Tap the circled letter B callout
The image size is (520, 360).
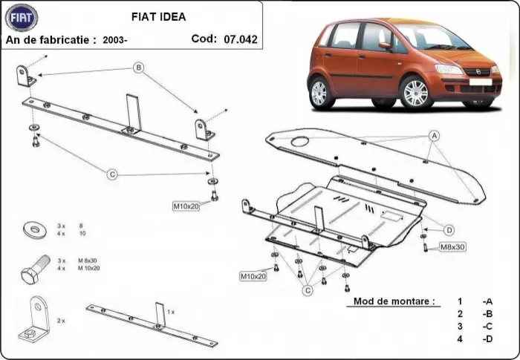(137, 68)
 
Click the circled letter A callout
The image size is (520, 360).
(434, 135)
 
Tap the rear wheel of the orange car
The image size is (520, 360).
(319, 92)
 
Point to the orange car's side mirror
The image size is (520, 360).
(385, 46)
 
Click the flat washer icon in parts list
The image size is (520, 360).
(33, 229)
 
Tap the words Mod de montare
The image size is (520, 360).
(391, 302)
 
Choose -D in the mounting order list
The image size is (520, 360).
(487, 339)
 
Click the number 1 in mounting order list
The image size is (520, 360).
(460, 301)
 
